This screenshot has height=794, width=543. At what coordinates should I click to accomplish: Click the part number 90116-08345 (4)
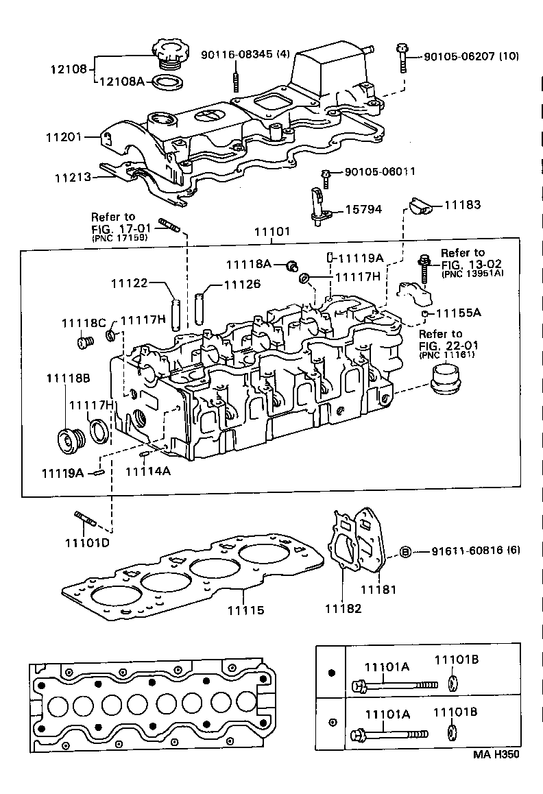[x=245, y=54]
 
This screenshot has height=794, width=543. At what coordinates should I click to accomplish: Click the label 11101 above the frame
[x=272, y=232]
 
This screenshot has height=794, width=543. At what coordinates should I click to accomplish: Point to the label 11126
[x=243, y=283]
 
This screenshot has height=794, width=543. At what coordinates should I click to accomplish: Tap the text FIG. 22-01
[x=449, y=345]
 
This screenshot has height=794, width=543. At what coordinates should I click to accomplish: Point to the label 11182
[x=342, y=608]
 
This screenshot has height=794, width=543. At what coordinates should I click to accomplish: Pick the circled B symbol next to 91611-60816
[x=405, y=552]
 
